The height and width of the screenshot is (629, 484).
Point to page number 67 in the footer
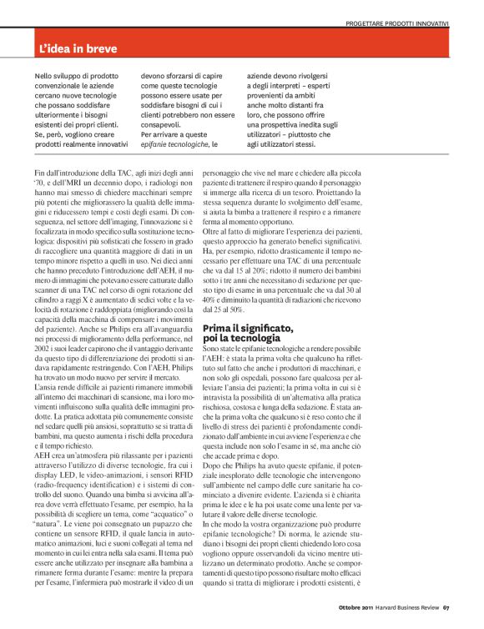[x=446, y=618]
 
